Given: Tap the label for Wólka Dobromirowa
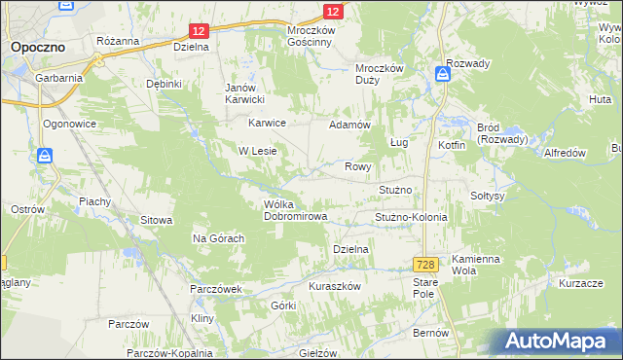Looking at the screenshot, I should pos(295,210).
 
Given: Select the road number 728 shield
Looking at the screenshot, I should pos(424,265).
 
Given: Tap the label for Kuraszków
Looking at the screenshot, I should pos(335,286).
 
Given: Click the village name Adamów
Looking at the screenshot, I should pos(350,126).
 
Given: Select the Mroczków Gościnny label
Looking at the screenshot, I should pos(311,37).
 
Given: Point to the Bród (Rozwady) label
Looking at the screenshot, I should pos(502,133).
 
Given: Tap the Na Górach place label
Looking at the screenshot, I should pos(217,238).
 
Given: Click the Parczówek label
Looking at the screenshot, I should pos(216,289).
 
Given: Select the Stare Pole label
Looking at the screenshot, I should pos(424,287).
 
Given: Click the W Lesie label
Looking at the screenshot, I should pos(258,151).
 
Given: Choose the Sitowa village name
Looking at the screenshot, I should pos(156,221).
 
